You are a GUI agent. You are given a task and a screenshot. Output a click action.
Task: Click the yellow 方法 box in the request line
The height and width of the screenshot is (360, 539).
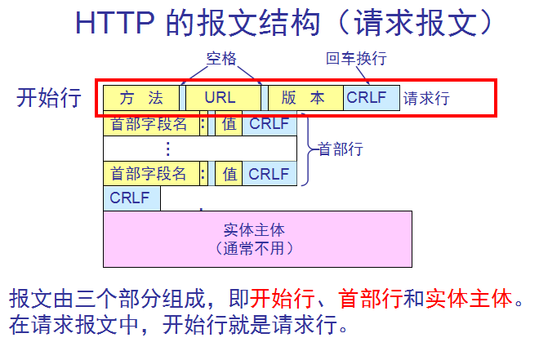click(x=140, y=98)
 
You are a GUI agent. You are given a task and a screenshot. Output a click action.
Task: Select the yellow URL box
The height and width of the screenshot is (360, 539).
click(x=220, y=98)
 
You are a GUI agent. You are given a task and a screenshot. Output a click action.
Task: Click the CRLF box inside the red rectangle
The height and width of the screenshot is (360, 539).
click(x=371, y=98)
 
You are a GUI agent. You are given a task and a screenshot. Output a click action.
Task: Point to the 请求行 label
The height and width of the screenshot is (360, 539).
click(x=426, y=99)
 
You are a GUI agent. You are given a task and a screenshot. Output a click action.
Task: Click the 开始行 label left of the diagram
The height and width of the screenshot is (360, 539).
click(x=49, y=98)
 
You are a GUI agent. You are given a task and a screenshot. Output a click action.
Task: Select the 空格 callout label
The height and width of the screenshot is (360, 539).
click(x=220, y=59)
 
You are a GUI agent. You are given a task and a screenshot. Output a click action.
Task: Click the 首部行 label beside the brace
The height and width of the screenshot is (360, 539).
click(x=341, y=149)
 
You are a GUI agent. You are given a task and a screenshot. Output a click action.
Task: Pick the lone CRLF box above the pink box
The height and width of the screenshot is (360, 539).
click(x=131, y=198)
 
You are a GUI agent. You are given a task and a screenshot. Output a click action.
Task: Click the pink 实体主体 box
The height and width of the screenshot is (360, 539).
click(x=257, y=238)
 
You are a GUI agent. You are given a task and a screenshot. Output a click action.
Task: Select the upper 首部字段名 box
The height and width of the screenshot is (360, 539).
click(x=149, y=124)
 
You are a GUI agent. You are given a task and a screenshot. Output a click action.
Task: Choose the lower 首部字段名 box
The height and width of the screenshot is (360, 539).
click(x=149, y=173)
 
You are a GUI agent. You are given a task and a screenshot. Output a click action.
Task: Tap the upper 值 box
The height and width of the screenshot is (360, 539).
click(x=229, y=124)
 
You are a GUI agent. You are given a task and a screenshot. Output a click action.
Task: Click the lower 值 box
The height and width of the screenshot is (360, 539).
click(x=229, y=173)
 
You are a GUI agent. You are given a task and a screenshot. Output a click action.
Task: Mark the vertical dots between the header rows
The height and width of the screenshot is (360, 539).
click(x=168, y=149)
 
